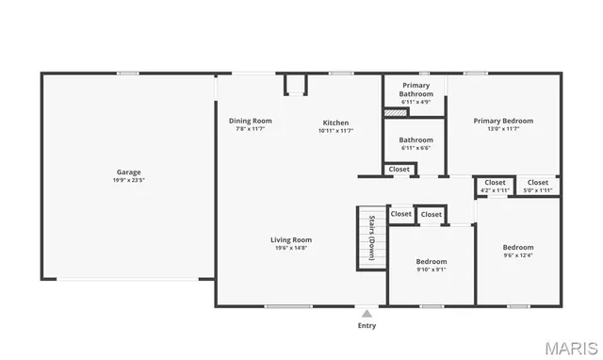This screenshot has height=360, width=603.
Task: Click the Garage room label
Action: [129, 172]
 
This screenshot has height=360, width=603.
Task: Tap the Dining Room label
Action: [251, 121]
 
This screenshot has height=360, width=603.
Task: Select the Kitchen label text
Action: [335, 123]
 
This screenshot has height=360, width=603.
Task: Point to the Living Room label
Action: [292, 239]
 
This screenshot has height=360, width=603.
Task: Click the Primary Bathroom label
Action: [416, 90]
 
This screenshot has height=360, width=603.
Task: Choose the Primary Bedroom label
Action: [503, 121]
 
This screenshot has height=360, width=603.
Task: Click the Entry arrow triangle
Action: [367, 313]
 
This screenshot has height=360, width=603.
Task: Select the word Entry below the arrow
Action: [367, 326]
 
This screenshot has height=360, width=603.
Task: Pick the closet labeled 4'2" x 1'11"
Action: [495, 186]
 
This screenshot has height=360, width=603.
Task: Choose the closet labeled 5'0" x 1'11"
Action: [538, 186]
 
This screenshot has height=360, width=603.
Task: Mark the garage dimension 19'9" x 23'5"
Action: [129, 179]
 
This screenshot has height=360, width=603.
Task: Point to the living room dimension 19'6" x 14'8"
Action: [292, 247]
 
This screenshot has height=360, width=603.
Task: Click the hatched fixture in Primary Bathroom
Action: [396, 112]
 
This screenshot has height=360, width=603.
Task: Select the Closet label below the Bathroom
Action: [399, 170]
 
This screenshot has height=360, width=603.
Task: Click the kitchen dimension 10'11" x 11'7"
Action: [335, 130]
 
